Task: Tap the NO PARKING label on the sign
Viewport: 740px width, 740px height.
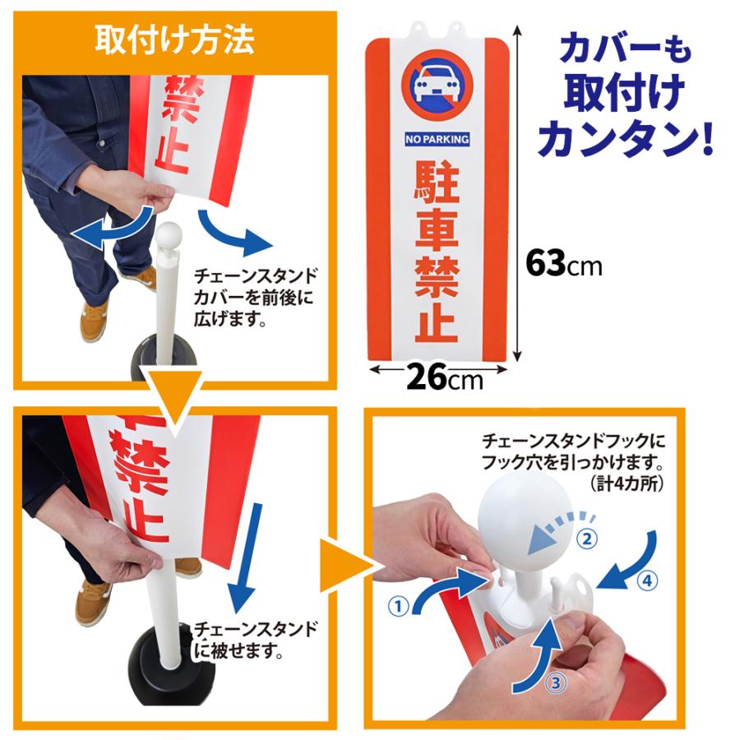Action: pos(437,139)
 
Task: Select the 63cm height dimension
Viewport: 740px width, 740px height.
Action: pos(564,265)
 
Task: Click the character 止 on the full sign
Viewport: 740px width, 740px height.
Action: pos(436,321)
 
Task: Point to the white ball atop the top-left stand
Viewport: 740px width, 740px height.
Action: pos(169,236)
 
